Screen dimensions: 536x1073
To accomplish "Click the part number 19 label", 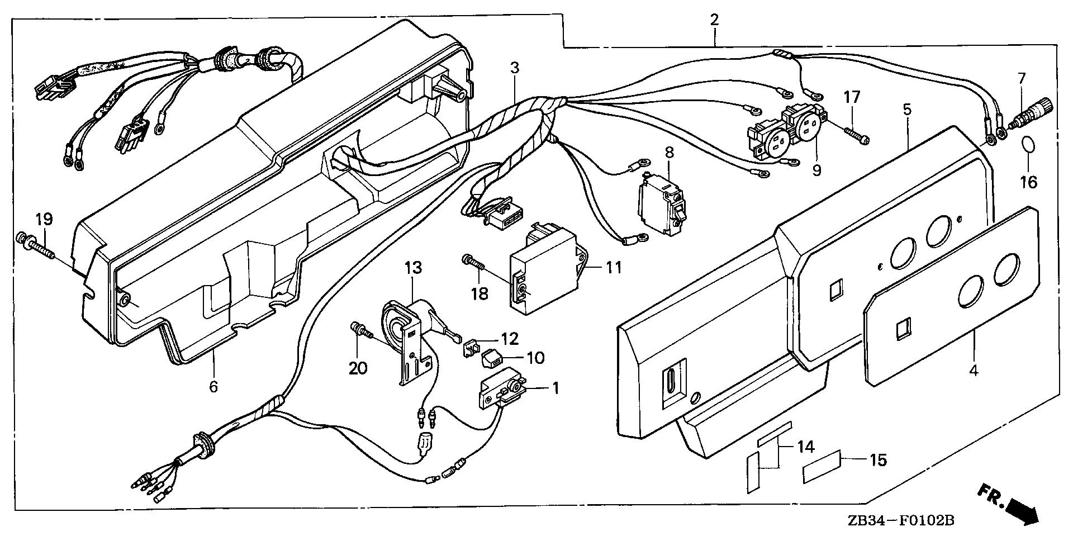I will tap(44, 219).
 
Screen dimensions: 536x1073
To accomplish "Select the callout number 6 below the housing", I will tap(213, 386).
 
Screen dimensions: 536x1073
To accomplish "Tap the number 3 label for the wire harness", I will tap(514, 68).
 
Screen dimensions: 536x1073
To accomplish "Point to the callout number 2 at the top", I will tap(714, 20).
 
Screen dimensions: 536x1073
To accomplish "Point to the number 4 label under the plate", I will tap(974, 370).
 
